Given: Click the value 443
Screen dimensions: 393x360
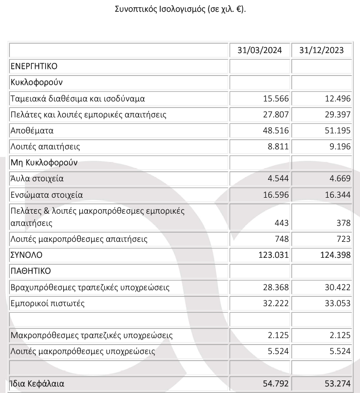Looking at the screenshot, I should pos(283,223).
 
